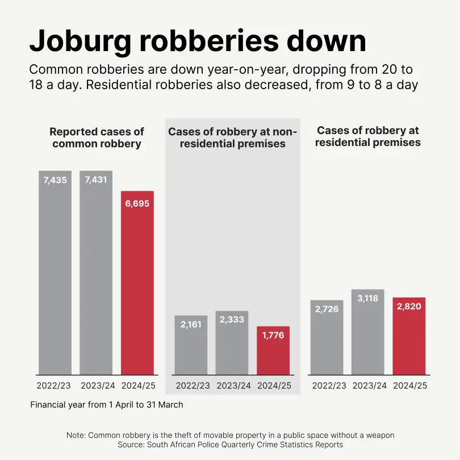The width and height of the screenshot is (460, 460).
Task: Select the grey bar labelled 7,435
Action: (55, 273)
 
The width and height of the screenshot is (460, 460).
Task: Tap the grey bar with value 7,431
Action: (96, 273)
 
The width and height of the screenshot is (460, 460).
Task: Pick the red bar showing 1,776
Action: (273, 350)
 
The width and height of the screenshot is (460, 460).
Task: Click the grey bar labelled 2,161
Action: (191, 345)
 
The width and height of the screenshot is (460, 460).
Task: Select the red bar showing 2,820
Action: (409, 336)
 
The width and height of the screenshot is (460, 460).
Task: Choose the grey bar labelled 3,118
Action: (368, 332)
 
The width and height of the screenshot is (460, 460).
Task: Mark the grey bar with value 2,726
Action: (327, 337)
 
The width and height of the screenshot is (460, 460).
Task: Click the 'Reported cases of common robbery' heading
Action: (97, 137)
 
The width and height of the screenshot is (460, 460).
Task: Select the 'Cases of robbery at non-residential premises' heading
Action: (232, 138)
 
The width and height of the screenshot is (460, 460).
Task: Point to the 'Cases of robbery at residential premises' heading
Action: (368, 136)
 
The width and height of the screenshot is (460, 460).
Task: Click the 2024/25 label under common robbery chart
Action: (137, 386)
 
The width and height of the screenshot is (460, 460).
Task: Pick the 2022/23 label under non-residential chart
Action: (191, 386)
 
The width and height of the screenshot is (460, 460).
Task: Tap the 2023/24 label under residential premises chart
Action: (368, 386)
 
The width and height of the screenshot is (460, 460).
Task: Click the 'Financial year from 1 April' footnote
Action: (107, 405)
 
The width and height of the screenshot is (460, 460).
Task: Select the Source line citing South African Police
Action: (230, 445)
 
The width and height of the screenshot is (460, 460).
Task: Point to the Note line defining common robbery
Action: (230, 435)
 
